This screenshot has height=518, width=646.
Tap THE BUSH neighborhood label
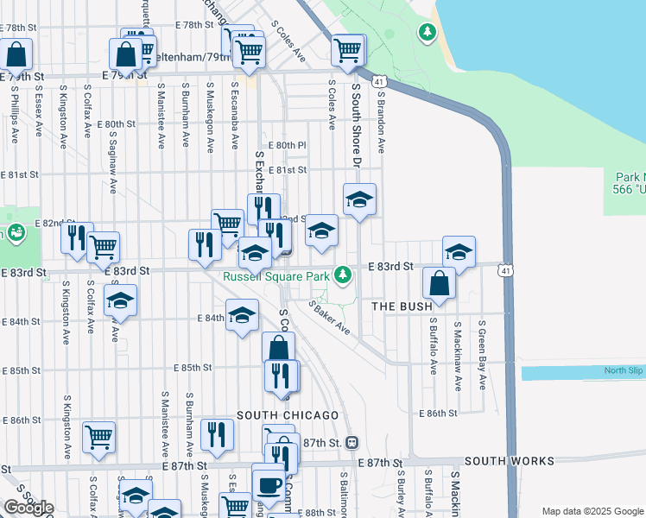click(x=402, y=306)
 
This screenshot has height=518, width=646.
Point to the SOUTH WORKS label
click(x=509, y=462)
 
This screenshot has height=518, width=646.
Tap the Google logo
click(x=28, y=508)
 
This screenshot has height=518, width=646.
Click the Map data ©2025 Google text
click(x=592, y=511)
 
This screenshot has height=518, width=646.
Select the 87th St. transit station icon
click(x=352, y=442)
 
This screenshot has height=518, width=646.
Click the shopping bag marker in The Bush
click(x=440, y=283)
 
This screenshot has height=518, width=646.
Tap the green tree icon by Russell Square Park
click(x=344, y=275)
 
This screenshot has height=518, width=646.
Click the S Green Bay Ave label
click(x=482, y=354)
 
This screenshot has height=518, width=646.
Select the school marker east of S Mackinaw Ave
click(x=459, y=252)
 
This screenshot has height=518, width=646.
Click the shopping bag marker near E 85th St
click(x=279, y=349)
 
